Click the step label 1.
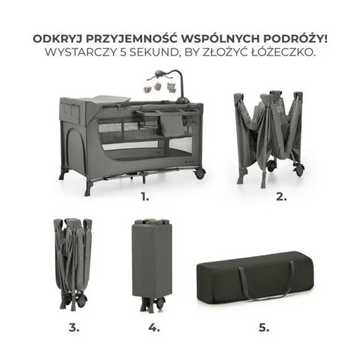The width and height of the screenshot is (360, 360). click(x=145, y=197)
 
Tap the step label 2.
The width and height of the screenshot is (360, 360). click(x=281, y=197)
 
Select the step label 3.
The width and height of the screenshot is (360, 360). click(x=74, y=327)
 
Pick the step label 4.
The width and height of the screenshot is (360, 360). click(x=154, y=327)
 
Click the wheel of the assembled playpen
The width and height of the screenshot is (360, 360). click(x=200, y=173)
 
